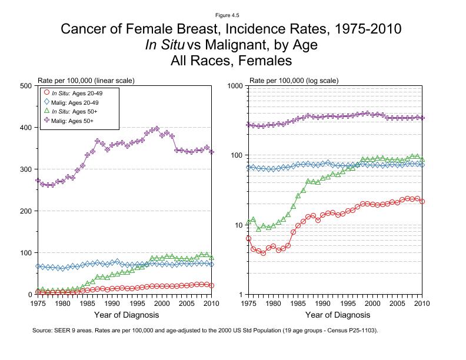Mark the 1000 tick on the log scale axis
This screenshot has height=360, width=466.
pos(236,86)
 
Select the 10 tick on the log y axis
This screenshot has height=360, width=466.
pos(239,225)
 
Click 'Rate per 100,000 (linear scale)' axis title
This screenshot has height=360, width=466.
pos(86,80)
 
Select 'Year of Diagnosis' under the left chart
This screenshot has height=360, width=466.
pos(125,316)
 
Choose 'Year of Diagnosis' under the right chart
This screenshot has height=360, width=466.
pos(336,316)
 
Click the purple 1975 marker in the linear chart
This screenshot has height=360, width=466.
pos(38,180)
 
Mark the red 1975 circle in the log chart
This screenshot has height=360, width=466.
pos(249,238)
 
